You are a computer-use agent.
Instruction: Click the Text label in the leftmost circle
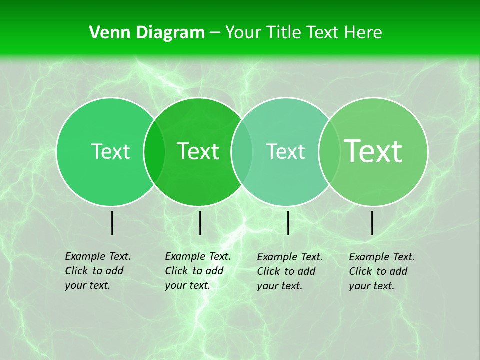[110, 151]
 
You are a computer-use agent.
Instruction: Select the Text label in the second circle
[198, 151]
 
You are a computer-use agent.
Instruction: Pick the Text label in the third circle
[285, 151]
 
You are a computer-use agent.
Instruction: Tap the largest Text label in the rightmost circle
[373, 151]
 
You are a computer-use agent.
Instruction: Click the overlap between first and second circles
[154, 151]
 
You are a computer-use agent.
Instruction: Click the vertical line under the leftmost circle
[112, 223]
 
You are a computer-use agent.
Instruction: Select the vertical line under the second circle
[200, 223]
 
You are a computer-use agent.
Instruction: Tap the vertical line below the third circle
[288, 223]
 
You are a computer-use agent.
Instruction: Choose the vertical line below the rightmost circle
[372, 223]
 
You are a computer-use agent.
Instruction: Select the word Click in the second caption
[176, 271]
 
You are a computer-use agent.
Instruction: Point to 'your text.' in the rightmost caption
[371, 286]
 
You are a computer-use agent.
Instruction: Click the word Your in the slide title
[244, 33]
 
